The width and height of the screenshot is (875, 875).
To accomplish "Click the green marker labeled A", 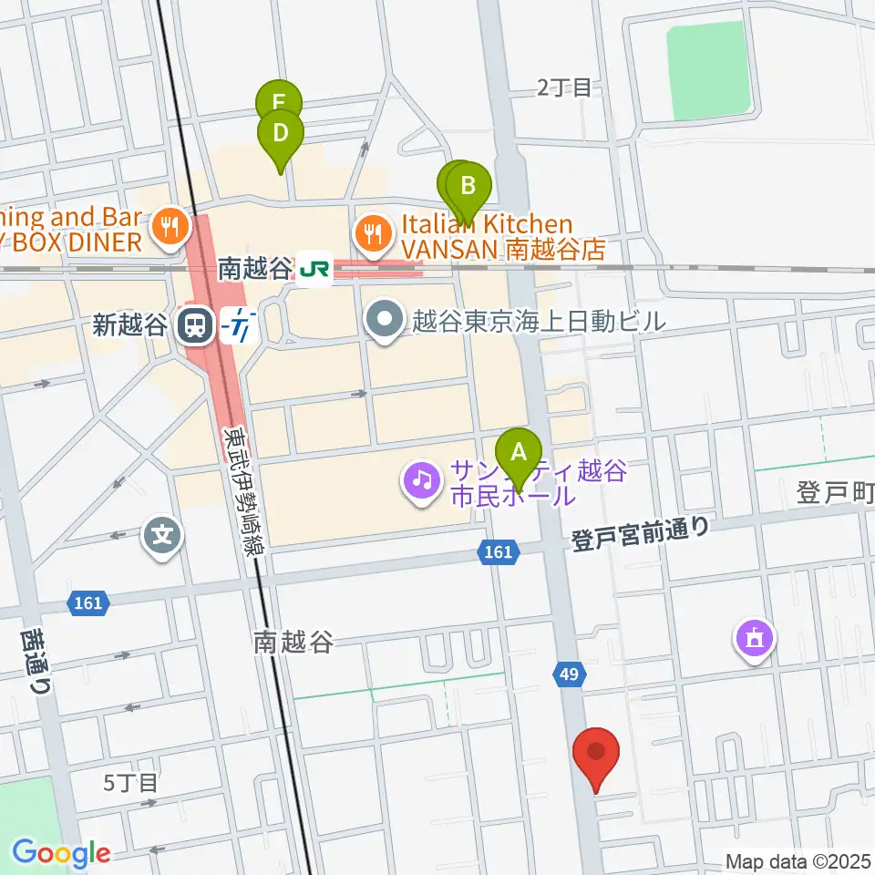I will click(x=519, y=453).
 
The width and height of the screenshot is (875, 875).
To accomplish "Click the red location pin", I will click(x=597, y=756).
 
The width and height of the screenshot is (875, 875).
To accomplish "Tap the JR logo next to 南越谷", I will click(x=314, y=270).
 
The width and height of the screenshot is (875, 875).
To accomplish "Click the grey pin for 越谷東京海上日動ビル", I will click(x=384, y=320).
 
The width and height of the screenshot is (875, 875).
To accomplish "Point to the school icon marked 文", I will click(x=162, y=533).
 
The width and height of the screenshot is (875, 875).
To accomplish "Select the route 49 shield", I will click(x=569, y=674).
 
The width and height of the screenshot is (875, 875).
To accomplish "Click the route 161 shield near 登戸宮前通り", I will click(x=496, y=551).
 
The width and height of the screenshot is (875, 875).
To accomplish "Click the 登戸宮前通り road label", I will click(x=640, y=532).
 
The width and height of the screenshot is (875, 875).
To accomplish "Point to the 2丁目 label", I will click(x=564, y=87).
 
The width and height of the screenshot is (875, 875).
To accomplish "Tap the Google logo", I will click(x=60, y=853).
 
